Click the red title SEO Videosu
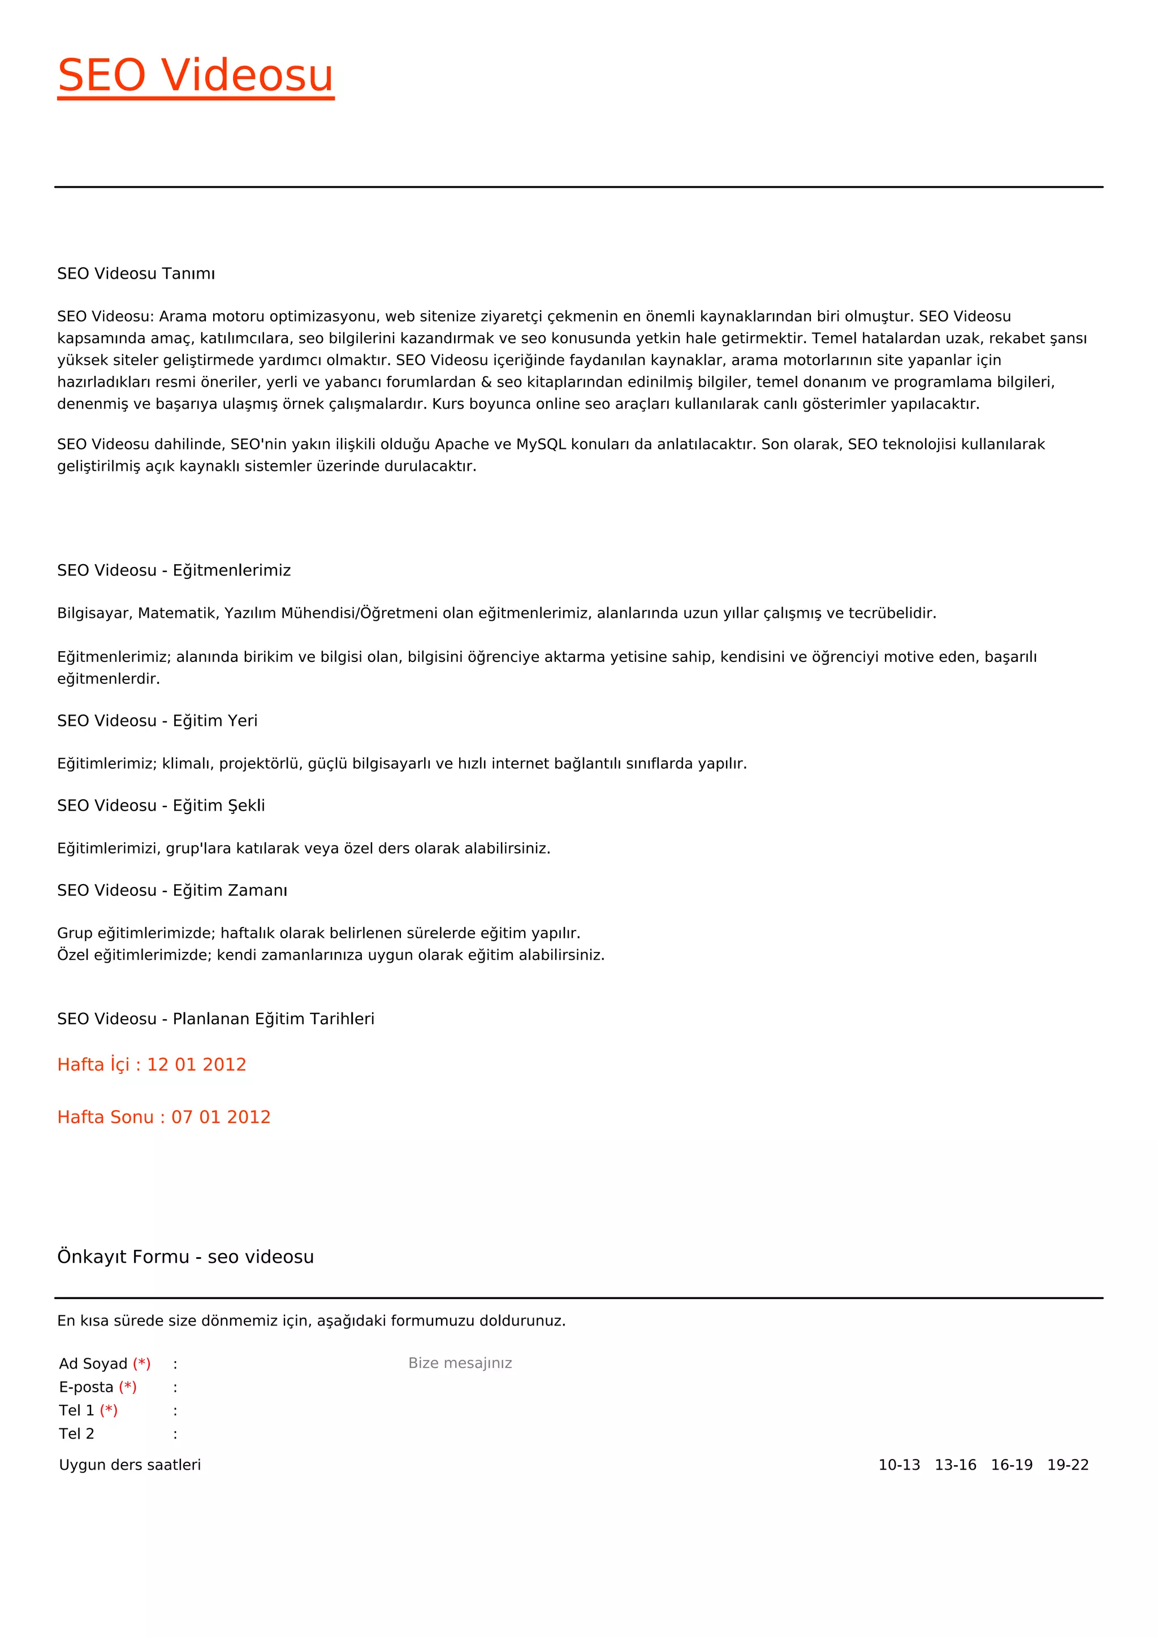(196, 76)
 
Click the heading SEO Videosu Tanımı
(136, 274)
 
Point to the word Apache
(462, 444)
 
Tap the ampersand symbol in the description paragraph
(486, 382)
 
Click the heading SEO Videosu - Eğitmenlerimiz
(174, 570)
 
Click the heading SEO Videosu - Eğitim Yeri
(157, 721)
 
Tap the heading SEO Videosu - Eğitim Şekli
(161, 805)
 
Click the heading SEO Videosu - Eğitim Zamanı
(172, 890)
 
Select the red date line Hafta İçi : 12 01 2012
(151, 1064)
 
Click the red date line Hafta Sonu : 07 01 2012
(163, 1117)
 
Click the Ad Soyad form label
(93, 1364)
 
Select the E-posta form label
(85, 1388)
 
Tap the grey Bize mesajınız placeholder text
(460, 1363)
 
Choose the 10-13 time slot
(898, 1465)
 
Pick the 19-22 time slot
(1068, 1465)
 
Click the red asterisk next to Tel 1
(109, 1410)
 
